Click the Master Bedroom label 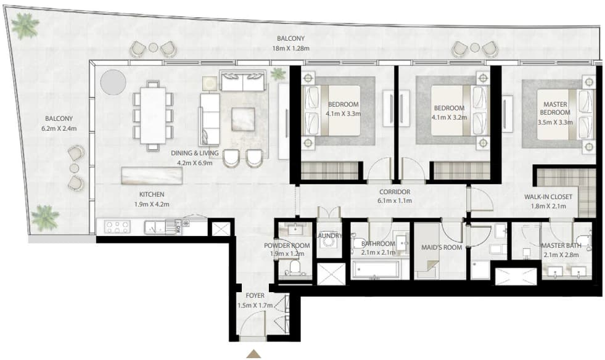pos(555,108)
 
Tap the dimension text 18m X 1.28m pos(291,49)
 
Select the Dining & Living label pos(195,153)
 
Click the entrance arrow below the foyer pos(254,354)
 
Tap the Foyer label pos(255,295)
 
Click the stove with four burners pos(118,226)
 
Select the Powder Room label pos(287,245)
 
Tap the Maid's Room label pos(442,247)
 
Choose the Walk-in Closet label pos(548,197)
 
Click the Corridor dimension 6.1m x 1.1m pos(394,200)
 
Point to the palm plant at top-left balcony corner pos(25,25)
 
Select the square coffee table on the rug pos(243,119)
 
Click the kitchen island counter pos(152,176)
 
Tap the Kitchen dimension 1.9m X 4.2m pos(152,205)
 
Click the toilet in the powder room pos(294,268)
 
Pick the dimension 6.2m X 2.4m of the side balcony pos(59,128)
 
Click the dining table pos(153,116)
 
